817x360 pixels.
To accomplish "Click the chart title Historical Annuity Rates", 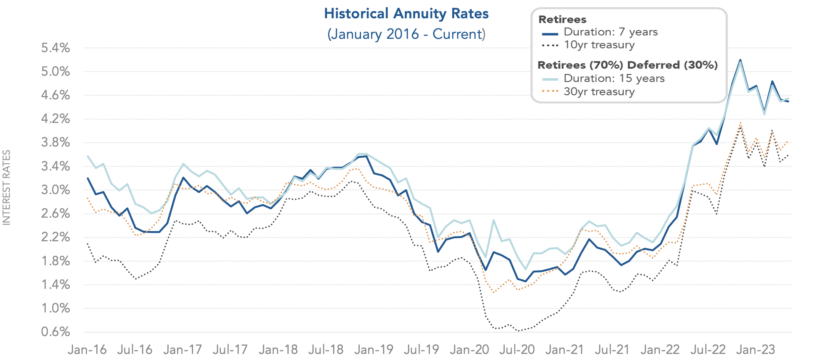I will [406, 14].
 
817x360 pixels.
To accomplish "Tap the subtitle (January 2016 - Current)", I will [406, 34].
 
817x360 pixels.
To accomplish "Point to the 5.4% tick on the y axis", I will [56, 48].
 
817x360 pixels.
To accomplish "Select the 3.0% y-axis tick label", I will [56, 190].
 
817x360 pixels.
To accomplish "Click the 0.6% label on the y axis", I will [56, 332].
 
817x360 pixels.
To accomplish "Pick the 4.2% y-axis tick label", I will [56, 119].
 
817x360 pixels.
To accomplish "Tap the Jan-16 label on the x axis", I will [87, 349].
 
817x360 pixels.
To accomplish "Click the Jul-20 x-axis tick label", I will [517, 349].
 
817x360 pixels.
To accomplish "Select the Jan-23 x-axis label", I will [756, 349].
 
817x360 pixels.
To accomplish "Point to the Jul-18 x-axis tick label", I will [326, 349].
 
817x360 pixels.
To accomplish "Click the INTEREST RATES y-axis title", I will [6, 187].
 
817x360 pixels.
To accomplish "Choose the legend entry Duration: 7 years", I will [610, 32].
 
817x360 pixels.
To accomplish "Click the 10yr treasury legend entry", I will [599, 45].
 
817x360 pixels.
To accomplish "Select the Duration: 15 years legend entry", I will [614, 78].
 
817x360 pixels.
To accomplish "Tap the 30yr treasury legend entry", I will [599, 92].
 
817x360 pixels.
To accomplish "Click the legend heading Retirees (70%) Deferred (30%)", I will [627, 65].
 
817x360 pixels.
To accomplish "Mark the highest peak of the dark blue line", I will [740, 60].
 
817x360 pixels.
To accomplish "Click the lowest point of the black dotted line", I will [518, 331].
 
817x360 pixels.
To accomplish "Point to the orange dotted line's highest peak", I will [740, 123].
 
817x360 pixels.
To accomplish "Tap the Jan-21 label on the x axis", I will [565, 349].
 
